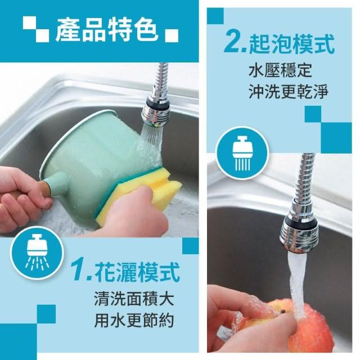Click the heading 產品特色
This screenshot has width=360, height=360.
[107, 30]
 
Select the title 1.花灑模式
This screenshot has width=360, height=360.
[125, 272]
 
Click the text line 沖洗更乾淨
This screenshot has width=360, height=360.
[289, 91]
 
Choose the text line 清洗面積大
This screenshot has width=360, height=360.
[134, 299]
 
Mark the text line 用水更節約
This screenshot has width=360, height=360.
[134, 320]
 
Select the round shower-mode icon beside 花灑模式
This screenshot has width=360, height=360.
[37, 255]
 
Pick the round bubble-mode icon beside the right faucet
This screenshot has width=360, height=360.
[242, 152]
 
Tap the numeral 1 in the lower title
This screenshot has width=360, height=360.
[79, 272]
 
